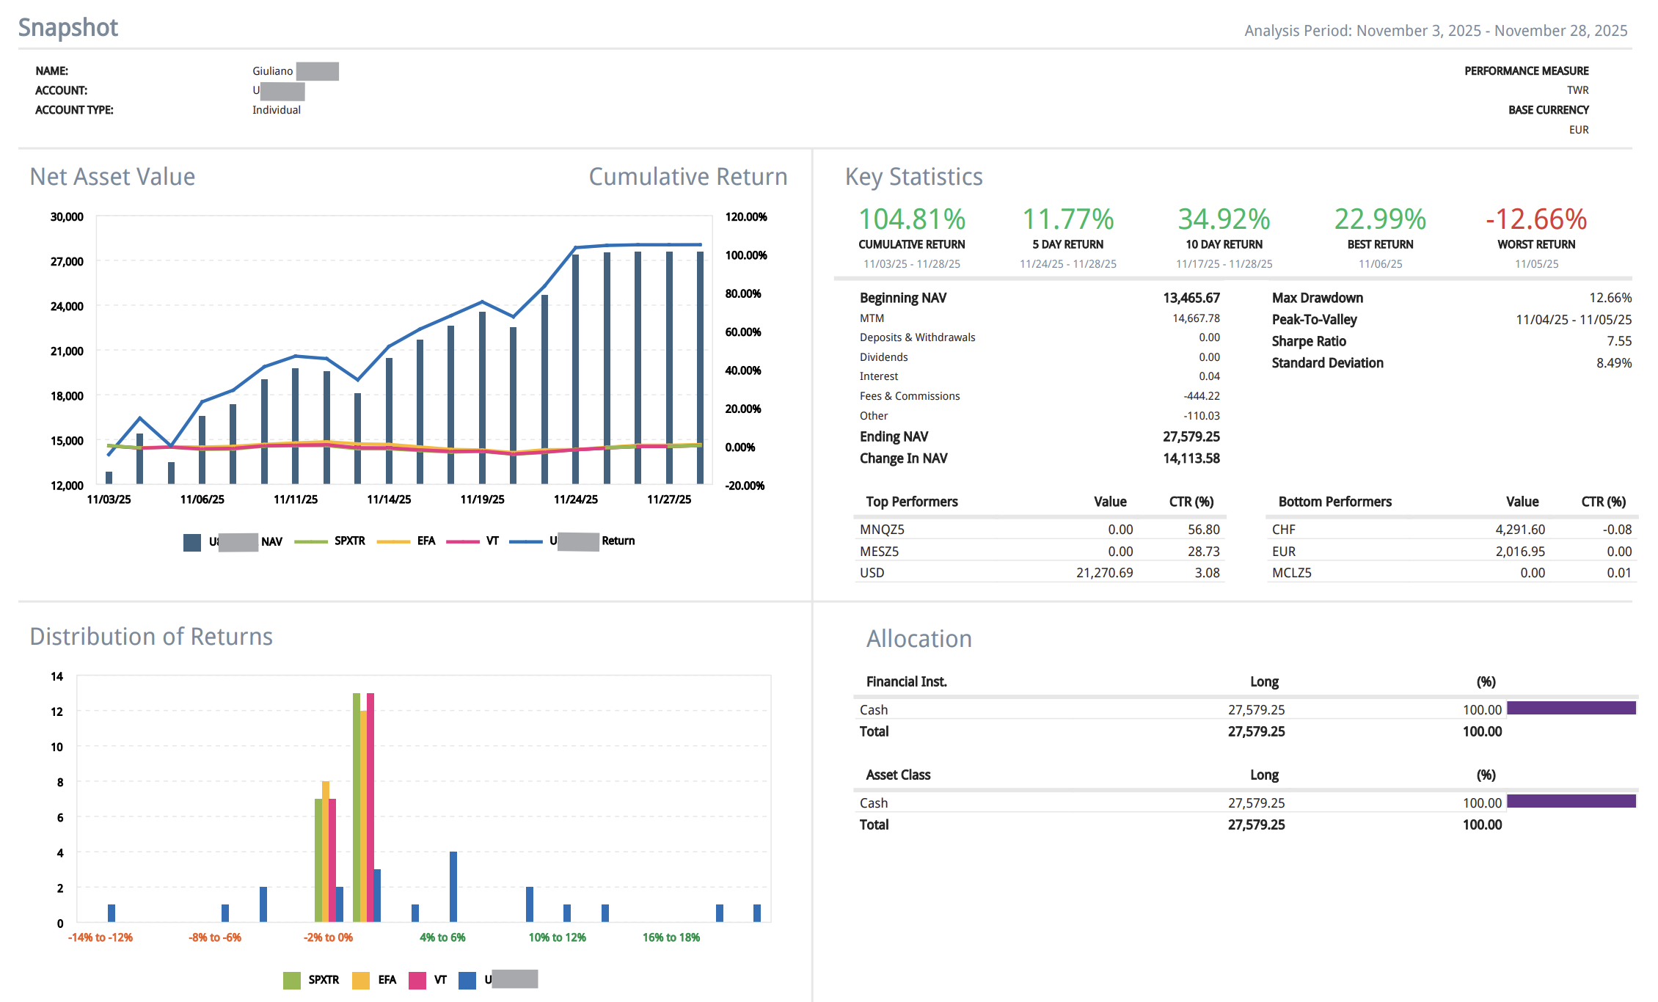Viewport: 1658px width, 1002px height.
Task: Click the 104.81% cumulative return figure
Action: tap(912, 219)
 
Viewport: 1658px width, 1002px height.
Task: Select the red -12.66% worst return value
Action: tap(1536, 219)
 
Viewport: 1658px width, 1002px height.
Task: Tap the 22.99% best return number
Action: tap(1380, 219)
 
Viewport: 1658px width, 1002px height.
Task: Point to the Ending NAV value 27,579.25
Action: tap(1191, 436)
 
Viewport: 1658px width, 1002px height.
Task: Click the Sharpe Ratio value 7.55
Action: tap(1619, 341)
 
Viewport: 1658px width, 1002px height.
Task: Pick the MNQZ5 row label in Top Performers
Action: tap(882, 530)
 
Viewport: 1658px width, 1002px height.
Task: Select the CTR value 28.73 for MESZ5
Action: tap(1203, 552)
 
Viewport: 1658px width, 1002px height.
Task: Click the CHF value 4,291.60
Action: tap(1520, 530)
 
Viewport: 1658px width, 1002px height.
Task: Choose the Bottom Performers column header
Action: tap(1334, 502)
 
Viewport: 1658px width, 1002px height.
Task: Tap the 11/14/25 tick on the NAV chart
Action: tap(389, 500)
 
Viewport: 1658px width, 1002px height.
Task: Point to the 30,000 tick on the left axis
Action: tap(67, 217)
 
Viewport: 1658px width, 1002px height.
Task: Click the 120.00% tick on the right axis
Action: tap(746, 217)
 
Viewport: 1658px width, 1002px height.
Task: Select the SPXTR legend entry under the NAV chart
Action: tap(349, 541)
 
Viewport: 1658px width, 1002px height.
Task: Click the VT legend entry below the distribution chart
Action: tap(439, 980)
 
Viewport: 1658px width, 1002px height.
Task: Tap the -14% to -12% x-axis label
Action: tap(101, 937)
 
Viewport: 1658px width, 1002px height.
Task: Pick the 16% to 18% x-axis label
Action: tap(671, 937)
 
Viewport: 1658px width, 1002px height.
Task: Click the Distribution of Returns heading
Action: tap(151, 637)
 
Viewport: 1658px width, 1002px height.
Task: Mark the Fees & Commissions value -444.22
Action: tap(1202, 396)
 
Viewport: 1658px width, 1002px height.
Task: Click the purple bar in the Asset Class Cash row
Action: tap(1571, 801)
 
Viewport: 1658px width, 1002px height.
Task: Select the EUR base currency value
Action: tap(1579, 130)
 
